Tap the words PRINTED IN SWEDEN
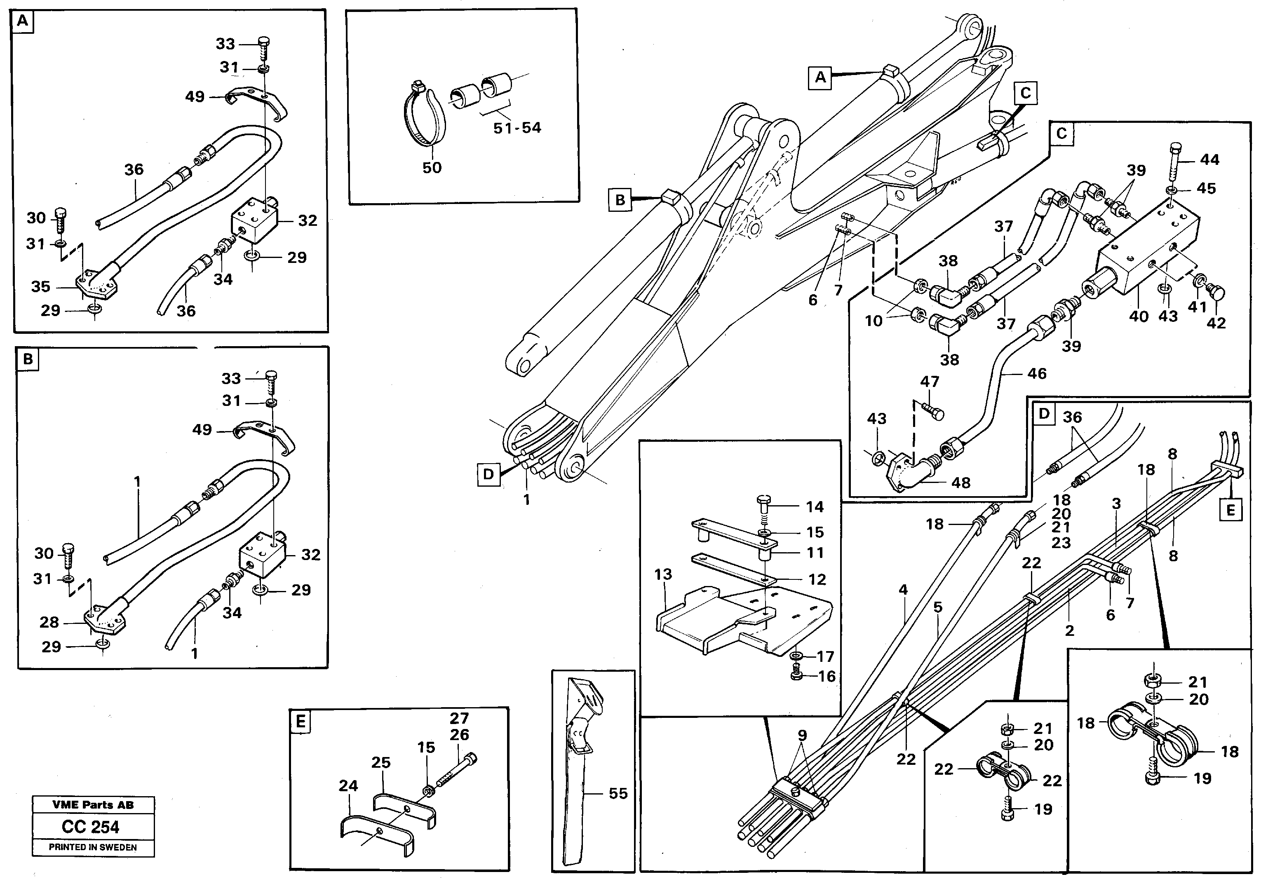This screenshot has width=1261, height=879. tap(93, 847)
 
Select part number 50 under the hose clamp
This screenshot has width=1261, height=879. tap(432, 167)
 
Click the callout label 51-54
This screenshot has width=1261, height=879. tap(517, 128)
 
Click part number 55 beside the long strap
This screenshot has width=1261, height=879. tap(618, 793)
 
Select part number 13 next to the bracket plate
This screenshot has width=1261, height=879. tap(663, 574)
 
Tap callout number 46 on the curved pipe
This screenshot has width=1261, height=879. tap(1036, 374)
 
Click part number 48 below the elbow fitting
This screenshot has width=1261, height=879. tap(960, 483)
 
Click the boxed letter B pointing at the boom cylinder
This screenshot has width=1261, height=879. tap(620, 200)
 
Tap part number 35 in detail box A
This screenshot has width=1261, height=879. tap(41, 286)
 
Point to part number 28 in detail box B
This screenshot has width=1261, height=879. tap(49, 622)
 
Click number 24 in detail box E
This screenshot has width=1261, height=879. tap(348, 786)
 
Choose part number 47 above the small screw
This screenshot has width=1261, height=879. tap(929, 382)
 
